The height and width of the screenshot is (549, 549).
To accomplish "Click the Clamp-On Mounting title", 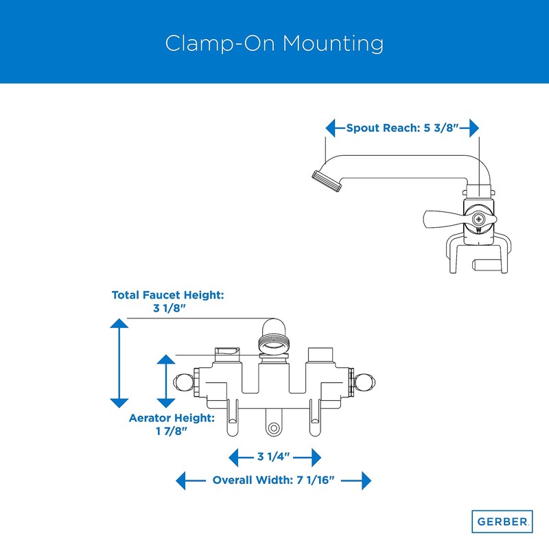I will pos(274,43).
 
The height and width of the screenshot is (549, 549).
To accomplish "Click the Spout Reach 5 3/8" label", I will pos(402,128).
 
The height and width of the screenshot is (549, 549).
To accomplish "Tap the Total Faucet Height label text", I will pos(168,295).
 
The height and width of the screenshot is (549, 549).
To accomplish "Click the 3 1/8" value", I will pos(168,308).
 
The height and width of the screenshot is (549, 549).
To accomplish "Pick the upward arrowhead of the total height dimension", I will pos(119,324).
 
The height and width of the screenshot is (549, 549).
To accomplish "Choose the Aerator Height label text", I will pos(172,417).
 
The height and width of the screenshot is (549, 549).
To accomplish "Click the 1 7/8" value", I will pos(172,431).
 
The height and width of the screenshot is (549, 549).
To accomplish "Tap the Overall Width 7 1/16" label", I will pos(273,480).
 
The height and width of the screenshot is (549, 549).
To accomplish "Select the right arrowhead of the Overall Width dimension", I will pos(365,480).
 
